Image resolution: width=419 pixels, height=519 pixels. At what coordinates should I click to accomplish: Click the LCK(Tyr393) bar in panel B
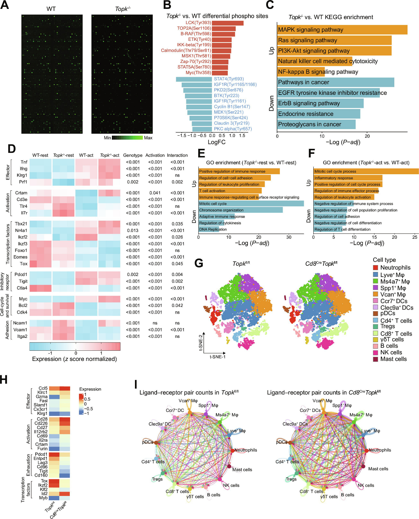pyautogui.click(x=227, y=23)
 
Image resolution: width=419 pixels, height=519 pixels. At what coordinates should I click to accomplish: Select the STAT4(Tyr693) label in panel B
pyautogui.click(x=229, y=79)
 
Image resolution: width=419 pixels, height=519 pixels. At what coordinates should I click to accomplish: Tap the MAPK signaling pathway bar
pyautogui.click(x=342, y=30)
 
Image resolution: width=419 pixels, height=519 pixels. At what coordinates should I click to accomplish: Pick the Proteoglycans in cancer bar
pyautogui.click(x=316, y=124)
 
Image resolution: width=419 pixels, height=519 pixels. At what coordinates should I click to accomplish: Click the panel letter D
pyautogui.click(x=12, y=149)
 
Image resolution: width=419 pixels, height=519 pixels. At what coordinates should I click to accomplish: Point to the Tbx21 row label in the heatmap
pyautogui.click(x=21, y=224)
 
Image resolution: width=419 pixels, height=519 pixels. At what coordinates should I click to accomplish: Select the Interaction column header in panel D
pyautogui.click(x=177, y=155)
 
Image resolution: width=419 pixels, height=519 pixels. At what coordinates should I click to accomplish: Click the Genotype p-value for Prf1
pyautogui.click(x=133, y=182)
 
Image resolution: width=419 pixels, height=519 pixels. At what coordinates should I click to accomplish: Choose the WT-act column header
pyautogui.click(x=86, y=155)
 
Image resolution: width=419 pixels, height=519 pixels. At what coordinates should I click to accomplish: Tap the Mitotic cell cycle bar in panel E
pyautogui.click(x=251, y=204)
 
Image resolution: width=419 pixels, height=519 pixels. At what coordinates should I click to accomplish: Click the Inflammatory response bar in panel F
pyautogui.click(x=348, y=178)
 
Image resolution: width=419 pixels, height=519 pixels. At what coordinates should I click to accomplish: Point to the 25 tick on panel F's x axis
pyautogui.click(x=415, y=237)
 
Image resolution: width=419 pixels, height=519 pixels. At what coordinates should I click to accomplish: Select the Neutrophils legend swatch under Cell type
pyautogui.click(x=376, y=268)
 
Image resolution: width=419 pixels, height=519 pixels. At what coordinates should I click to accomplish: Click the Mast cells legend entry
pyautogui.click(x=393, y=359)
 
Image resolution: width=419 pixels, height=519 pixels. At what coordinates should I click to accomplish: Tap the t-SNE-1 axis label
pyautogui.click(x=218, y=357)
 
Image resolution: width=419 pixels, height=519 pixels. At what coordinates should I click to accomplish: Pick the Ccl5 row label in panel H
pyautogui.click(x=43, y=388)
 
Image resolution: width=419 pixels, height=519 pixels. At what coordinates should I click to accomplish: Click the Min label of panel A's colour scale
pyautogui.click(x=107, y=138)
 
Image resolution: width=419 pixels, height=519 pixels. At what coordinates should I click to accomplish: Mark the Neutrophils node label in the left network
pyautogui.click(x=246, y=450)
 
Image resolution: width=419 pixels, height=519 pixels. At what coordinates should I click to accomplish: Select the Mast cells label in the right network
pyautogui.click(x=378, y=469)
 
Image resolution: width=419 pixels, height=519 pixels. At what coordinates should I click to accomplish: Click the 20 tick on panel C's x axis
pyautogui.click(x=367, y=136)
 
